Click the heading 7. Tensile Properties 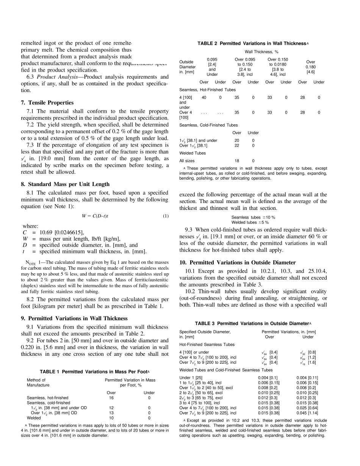(x=47, y=103)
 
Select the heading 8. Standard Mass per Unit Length (x=65, y=184)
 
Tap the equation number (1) (x=165, y=216)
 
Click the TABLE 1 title (x=95, y=372)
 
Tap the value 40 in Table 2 (x=204, y=98)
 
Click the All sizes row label (x=187, y=161)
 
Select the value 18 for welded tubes (x=237, y=161)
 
